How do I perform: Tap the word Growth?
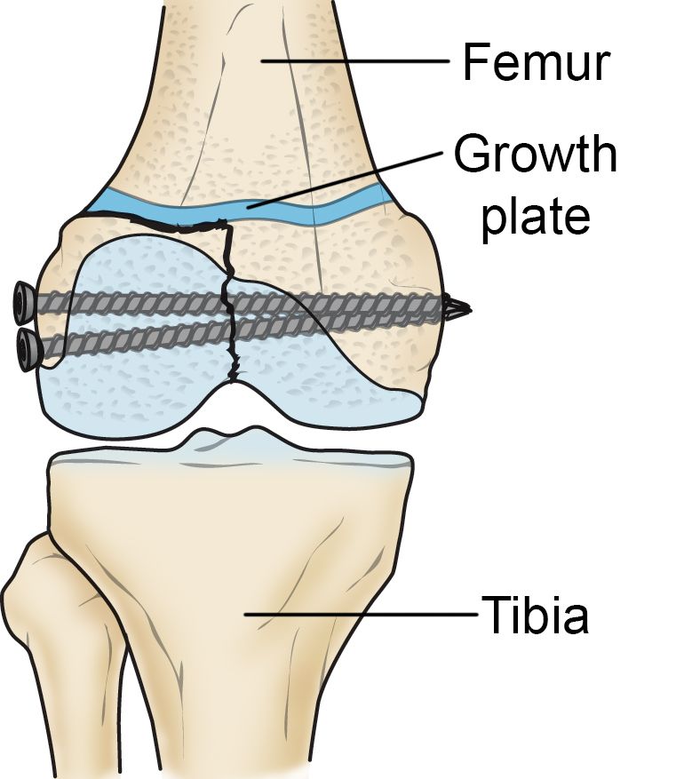point(535,156)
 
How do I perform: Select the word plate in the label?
point(534,215)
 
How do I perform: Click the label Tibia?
point(535,615)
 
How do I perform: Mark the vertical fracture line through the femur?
point(229,302)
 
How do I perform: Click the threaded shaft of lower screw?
point(178,343)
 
